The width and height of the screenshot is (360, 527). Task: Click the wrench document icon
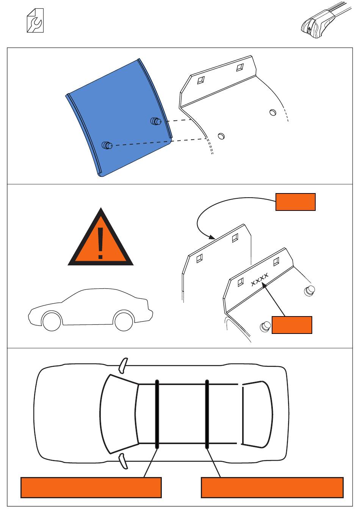[35, 20]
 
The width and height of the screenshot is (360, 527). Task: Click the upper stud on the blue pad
[156, 121]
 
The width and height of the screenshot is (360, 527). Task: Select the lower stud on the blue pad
[107, 145]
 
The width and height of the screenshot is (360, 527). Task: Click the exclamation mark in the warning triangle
[100, 243]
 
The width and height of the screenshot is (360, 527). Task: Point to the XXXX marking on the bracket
[260, 279]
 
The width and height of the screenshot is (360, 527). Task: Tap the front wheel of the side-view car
[52, 321]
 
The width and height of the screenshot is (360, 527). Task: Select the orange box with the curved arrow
[295, 202]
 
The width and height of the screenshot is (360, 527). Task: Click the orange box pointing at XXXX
[292, 325]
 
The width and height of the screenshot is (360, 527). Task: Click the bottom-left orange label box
[91, 488]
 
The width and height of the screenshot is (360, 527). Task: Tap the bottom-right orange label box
[272, 488]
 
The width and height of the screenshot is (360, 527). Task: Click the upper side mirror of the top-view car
[123, 366]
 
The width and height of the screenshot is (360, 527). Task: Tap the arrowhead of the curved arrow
[212, 237]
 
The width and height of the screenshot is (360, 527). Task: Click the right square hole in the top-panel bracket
[240, 67]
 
